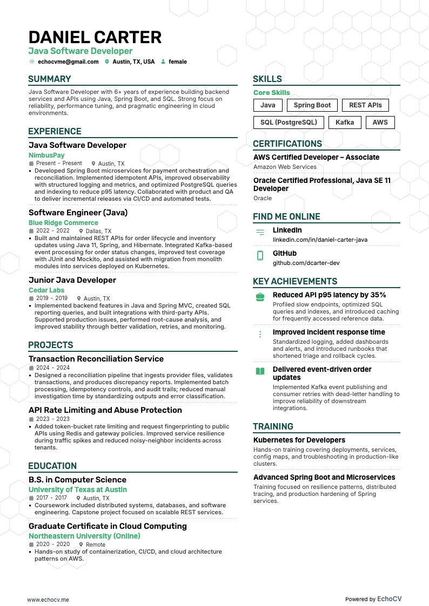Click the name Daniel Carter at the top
[95, 37]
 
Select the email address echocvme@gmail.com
[68, 62]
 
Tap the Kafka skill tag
[345, 122]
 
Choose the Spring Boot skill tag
[312, 105]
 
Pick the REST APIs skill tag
[365, 105]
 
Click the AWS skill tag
[380, 122]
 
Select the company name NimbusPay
[46, 155]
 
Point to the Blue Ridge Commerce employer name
[63, 222]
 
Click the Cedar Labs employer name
[46, 290]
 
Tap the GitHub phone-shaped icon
[260, 256]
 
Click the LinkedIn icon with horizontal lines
[260, 232]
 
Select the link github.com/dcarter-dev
[306, 263]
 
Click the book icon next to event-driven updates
[260, 371]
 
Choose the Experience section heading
[55, 131]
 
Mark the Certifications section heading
[287, 144]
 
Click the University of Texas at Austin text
[78, 489]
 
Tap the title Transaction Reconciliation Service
[96, 359]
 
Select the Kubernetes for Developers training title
[299, 440]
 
